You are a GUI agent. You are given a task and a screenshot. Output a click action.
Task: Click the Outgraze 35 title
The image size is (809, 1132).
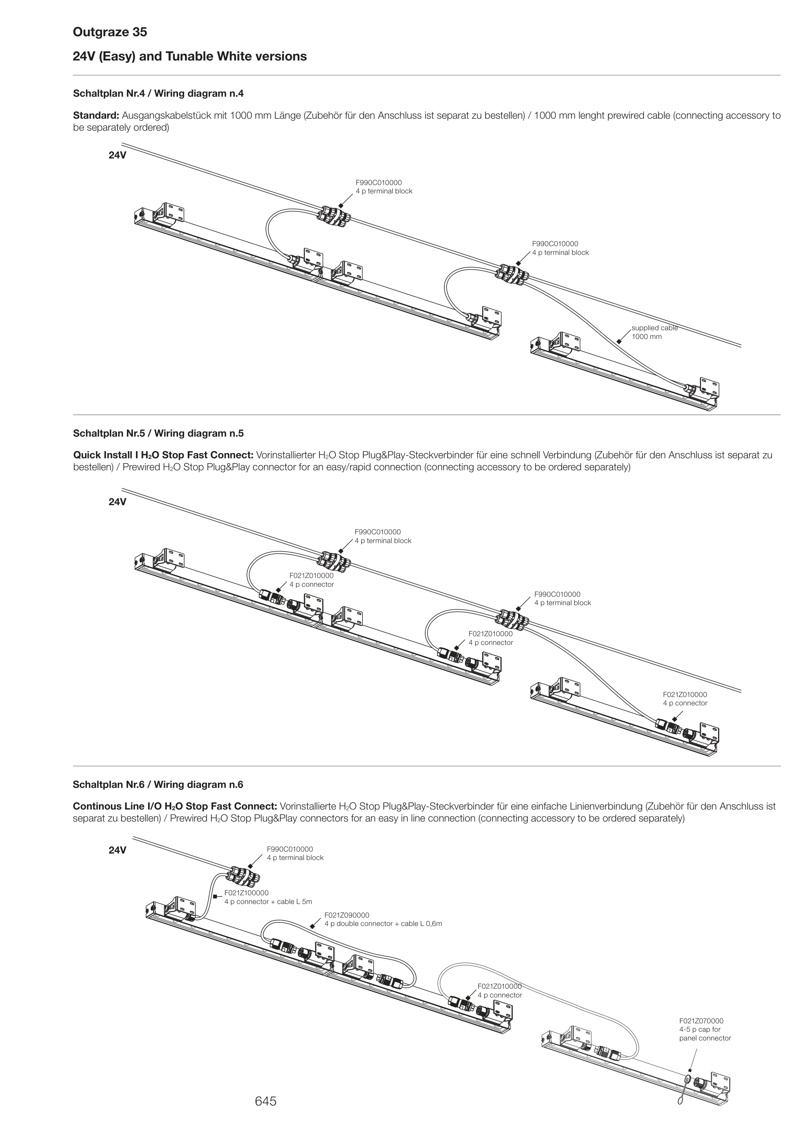pos(110,32)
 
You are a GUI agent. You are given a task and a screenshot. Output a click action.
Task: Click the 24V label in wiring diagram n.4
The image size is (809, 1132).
pos(117,155)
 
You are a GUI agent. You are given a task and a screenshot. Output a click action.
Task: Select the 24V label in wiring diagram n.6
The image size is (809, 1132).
pos(117,850)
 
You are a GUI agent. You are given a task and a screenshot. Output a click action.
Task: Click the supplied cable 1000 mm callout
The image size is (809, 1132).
pos(654,332)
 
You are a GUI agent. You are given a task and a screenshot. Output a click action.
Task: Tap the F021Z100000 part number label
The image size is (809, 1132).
pos(246,893)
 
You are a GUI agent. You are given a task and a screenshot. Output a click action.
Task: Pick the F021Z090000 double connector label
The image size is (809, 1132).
pos(382,920)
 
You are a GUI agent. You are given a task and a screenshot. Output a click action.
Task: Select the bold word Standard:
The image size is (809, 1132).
pos(96,115)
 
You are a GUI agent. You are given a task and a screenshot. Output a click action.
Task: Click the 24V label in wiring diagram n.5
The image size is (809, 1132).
pos(117,502)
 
